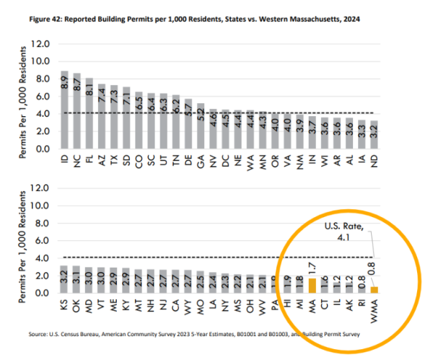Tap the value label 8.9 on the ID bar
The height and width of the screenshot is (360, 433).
[x=64, y=80]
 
